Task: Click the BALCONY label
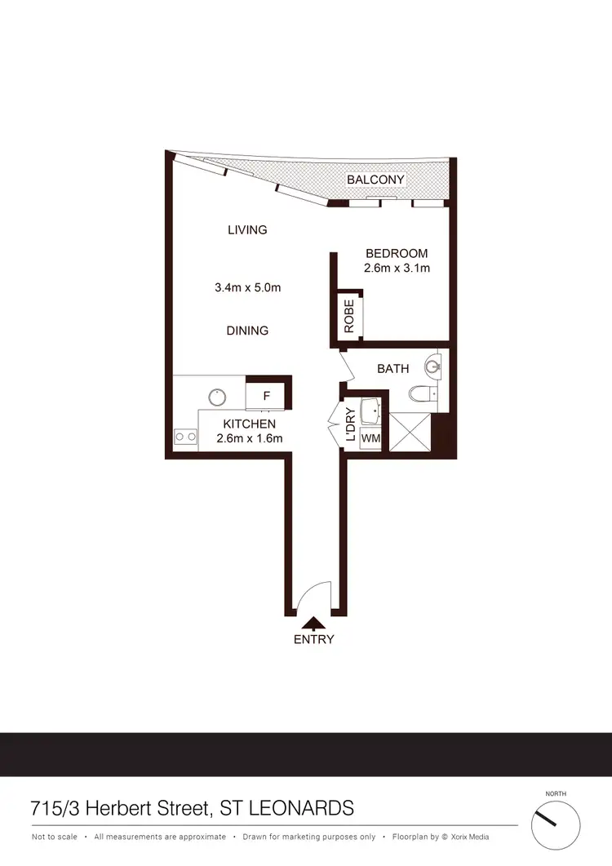coord(375,180)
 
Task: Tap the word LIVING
coord(247,230)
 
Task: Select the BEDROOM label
coord(397,254)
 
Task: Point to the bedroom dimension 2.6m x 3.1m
coord(397,268)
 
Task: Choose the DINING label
coord(247,331)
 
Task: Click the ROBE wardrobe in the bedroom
coord(349,316)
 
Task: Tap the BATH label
coord(392,369)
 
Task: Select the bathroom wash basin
coord(432,366)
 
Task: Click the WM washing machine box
coord(370,438)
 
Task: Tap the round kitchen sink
coord(217,397)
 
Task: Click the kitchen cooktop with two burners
coord(185,437)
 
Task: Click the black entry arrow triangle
coord(313,624)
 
